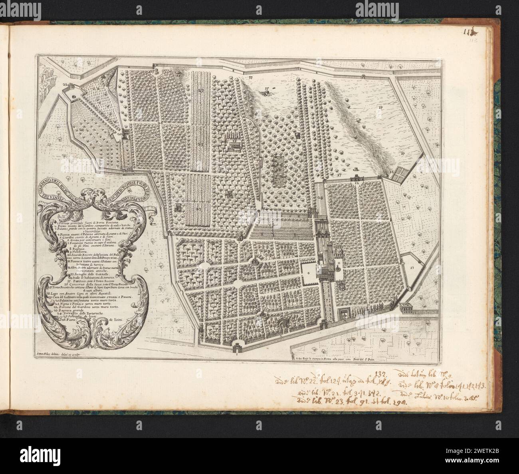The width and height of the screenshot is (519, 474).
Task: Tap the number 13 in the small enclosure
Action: (412, 266)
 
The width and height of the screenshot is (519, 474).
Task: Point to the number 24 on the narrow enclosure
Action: (320, 198)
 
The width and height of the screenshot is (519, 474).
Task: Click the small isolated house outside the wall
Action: (407, 307)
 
